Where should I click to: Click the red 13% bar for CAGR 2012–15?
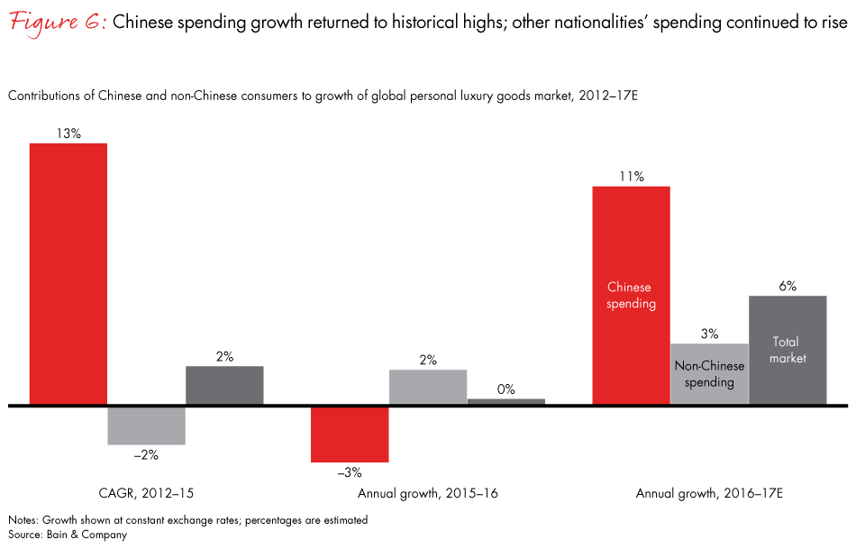[68, 274]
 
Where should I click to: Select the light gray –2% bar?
[146, 425]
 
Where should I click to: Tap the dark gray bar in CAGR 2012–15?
[224, 386]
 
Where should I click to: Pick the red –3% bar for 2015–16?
[350, 434]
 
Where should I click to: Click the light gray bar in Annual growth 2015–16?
[428, 388]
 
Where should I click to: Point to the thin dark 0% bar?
[506, 402]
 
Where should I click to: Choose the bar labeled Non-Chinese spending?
[709, 374]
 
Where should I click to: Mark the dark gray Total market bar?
[788, 350]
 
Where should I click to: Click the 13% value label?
[68, 133]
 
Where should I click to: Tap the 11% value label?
[631, 177]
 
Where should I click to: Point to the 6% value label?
[788, 286]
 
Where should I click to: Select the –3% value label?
[349, 472]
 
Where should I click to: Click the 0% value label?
[505, 389]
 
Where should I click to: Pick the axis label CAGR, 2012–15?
[146, 493]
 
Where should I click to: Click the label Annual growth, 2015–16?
[428, 493]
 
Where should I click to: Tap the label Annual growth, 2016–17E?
[708, 493]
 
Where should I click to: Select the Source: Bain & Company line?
[68, 535]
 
